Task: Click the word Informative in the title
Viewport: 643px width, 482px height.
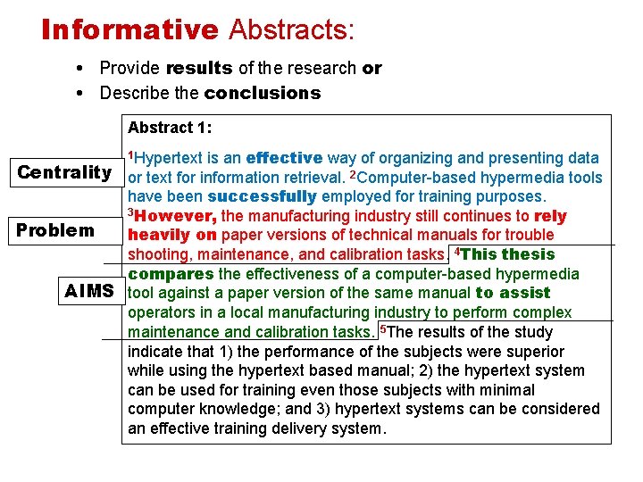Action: click(x=129, y=29)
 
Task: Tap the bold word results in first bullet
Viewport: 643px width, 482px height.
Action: click(x=198, y=69)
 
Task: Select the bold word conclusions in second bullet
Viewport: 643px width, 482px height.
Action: click(x=262, y=93)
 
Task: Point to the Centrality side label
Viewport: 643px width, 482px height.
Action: click(x=64, y=171)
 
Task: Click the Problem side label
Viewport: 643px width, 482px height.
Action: click(x=55, y=230)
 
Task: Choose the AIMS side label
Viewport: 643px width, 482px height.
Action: click(x=89, y=291)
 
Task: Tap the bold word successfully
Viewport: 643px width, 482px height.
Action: click(x=262, y=197)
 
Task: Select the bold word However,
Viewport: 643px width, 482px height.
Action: click(x=176, y=216)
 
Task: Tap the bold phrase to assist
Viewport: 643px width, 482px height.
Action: click(x=514, y=293)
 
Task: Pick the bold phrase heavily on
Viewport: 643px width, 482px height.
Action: click(x=173, y=236)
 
